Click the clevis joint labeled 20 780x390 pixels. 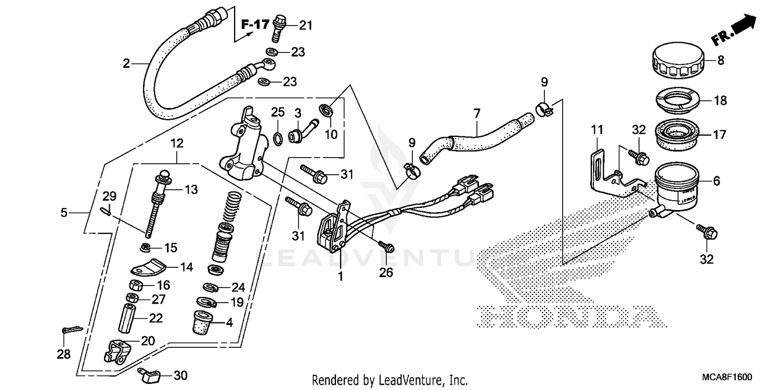(117, 349)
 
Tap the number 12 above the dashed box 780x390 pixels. (177, 142)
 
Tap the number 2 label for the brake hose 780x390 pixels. (126, 64)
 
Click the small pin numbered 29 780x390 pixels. (104, 210)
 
